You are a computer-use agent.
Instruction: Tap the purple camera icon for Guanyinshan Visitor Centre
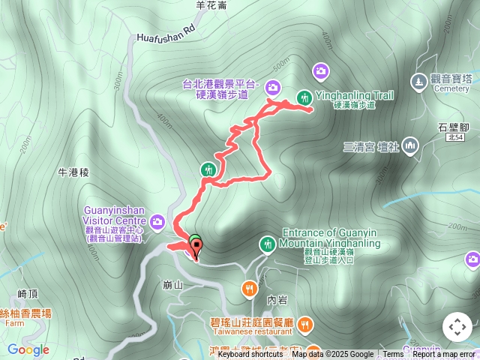click(x=157, y=221)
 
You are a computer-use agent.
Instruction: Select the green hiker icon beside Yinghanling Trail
click(x=304, y=97)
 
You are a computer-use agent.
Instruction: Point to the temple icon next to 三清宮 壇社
click(x=409, y=145)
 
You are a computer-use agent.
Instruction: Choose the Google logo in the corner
click(x=28, y=349)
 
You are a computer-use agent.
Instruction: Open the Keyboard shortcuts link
click(x=250, y=355)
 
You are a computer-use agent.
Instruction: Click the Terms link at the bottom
click(x=393, y=355)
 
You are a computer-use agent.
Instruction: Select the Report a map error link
click(x=444, y=355)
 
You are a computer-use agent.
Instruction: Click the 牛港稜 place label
click(x=73, y=172)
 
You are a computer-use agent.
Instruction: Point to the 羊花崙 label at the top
click(x=211, y=5)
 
